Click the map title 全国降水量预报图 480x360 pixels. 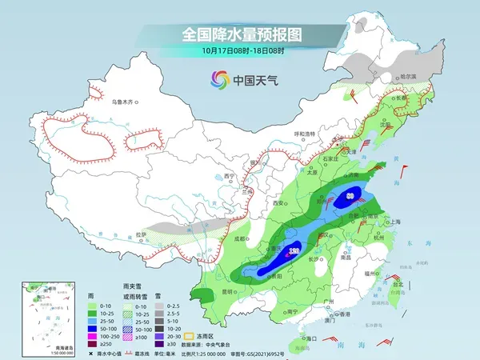tap(240, 34)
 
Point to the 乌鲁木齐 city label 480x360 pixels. tap(125, 102)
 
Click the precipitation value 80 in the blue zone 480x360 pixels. tap(351, 194)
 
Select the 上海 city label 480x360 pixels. tap(395, 222)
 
